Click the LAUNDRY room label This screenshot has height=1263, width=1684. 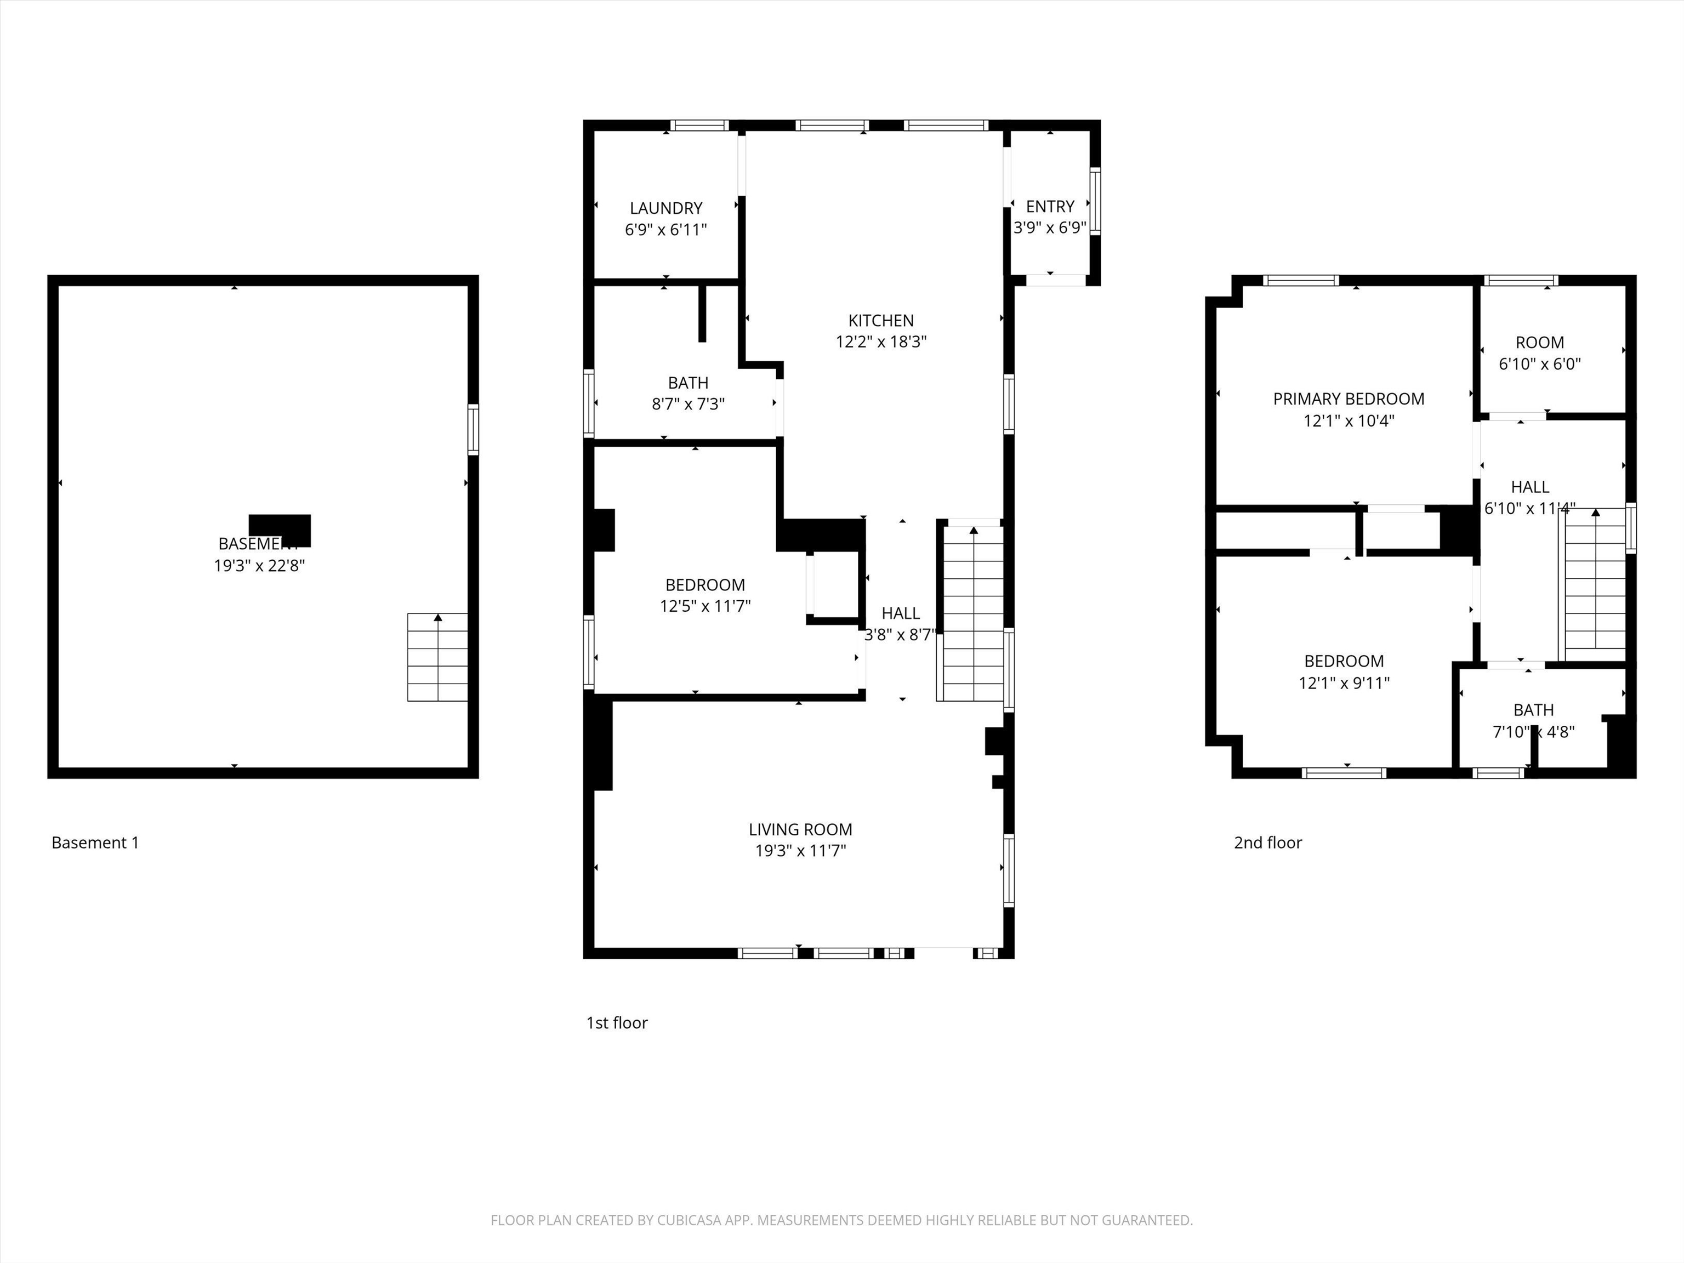665,208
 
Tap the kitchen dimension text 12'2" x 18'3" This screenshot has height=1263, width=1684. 881,342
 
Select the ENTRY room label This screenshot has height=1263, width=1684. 1050,206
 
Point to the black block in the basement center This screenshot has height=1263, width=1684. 280,527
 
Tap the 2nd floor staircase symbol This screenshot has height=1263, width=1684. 1595,585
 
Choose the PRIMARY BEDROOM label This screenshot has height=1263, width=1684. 1349,399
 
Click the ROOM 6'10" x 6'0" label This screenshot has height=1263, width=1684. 1539,343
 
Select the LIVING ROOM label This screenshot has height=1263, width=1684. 800,829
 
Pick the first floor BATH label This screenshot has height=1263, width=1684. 687,383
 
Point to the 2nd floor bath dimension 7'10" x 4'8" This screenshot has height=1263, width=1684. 1533,732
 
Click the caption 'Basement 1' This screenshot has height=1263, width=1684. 95,843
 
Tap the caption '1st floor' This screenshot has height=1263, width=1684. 617,1022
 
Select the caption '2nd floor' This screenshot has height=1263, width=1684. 1267,843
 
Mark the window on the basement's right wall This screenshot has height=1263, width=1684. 473,430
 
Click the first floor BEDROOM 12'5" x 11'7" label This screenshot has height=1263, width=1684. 705,585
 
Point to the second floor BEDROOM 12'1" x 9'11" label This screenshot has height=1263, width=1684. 1344,661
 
